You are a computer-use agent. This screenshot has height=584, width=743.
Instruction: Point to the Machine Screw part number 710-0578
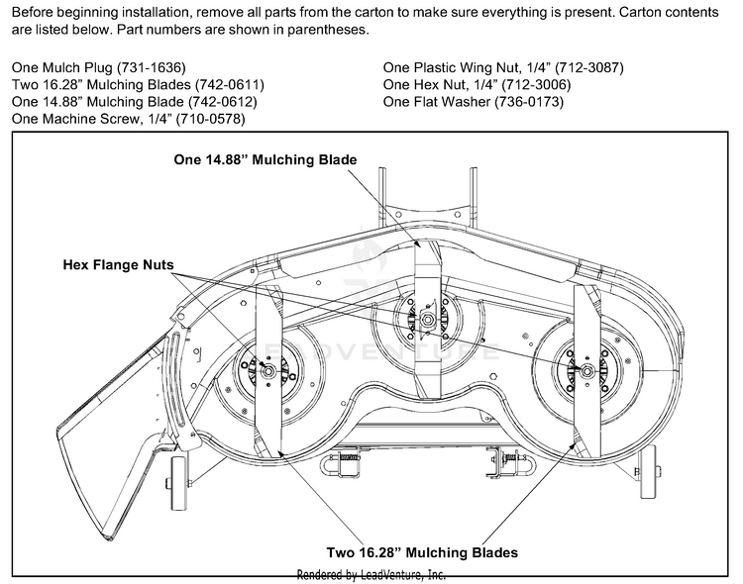click(x=210, y=119)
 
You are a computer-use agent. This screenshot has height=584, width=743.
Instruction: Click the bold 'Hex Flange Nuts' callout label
click(x=118, y=265)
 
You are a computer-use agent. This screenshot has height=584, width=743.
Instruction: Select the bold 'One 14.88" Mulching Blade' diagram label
click(x=265, y=159)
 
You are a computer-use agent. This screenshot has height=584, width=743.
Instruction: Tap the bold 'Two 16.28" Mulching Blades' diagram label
click(x=423, y=552)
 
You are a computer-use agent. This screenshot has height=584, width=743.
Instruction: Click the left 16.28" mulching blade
click(x=268, y=416)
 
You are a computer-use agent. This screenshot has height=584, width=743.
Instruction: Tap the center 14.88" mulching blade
click(x=423, y=277)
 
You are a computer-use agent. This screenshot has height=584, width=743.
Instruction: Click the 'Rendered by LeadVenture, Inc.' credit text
click(x=371, y=575)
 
